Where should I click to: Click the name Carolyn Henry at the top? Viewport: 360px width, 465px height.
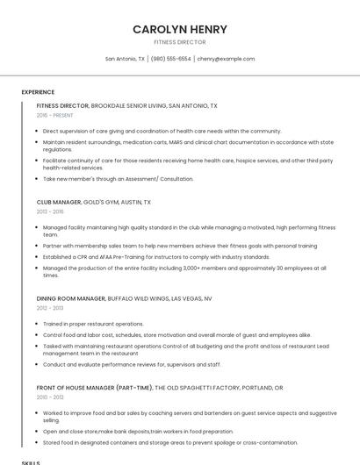pos(179,29)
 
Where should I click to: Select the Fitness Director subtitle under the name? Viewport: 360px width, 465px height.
pos(179,42)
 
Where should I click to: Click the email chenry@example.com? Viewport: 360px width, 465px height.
pos(226,59)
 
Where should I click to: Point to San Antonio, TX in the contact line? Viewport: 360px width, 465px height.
pos(125,59)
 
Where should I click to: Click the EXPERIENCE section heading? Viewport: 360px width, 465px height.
pos(38,92)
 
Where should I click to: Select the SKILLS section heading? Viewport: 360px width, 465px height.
pos(31,461)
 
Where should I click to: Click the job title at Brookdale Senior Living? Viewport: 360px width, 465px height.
pos(126,105)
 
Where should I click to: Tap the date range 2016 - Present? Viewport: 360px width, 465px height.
pos(55,115)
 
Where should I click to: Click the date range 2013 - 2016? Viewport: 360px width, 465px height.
pos(50,211)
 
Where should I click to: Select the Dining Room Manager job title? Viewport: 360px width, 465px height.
pos(124,298)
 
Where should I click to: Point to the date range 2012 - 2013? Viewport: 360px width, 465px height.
pos(50,308)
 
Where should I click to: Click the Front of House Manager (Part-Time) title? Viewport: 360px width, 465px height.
pos(160,387)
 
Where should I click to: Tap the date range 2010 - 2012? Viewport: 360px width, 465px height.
pos(50,397)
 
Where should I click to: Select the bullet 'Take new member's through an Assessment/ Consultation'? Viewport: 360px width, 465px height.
pos(118,178)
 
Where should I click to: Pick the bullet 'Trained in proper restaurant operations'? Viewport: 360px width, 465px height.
pos(93,324)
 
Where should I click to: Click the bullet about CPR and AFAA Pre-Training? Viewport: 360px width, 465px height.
pos(156,257)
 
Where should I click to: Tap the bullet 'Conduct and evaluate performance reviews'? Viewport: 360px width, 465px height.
pos(132,364)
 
